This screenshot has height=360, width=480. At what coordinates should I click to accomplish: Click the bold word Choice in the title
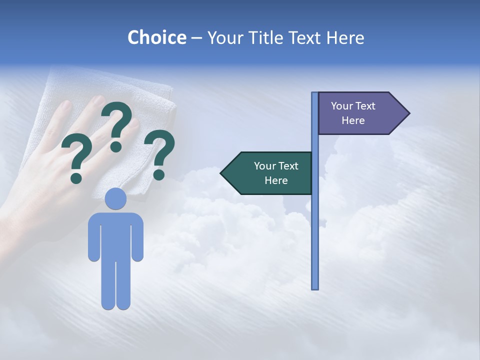[x=156, y=38]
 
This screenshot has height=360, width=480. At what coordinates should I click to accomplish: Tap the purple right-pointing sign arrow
[x=360, y=113]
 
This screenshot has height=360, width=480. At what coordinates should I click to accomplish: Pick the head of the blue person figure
[x=115, y=198]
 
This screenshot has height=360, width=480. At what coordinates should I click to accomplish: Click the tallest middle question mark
[x=117, y=125]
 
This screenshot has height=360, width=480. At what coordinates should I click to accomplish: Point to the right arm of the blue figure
[x=137, y=240]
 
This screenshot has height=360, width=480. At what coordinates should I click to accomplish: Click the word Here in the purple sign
[x=353, y=120]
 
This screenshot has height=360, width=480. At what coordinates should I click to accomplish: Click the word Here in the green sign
[x=276, y=180]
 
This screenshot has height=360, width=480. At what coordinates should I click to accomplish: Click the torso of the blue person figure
[x=115, y=235]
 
